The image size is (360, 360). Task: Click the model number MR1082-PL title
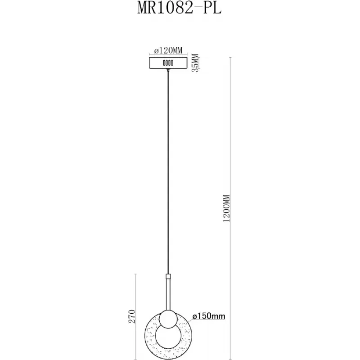pos(179,9)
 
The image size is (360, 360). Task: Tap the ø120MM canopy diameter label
pos(168,50)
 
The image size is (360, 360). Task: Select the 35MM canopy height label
pos(195,63)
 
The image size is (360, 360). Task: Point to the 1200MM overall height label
pos(226,208)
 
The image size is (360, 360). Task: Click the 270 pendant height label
pos(132,316)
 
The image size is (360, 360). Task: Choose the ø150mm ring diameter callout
pos(209,316)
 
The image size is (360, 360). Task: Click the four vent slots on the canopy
pos(168,63)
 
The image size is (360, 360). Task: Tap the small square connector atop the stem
pos(168,276)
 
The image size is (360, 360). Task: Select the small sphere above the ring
pos(168,319)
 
